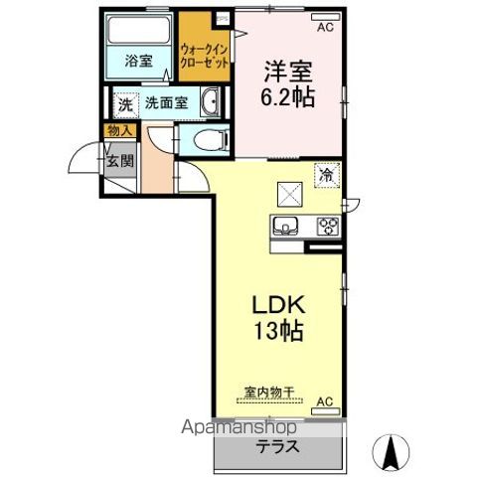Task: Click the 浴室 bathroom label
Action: (x=139, y=61)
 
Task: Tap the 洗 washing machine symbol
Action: (x=125, y=103)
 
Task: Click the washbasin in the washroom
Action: (x=212, y=103)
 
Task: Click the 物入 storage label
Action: (x=117, y=129)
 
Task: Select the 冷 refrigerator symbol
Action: (x=326, y=174)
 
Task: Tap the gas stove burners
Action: (x=326, y=227)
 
